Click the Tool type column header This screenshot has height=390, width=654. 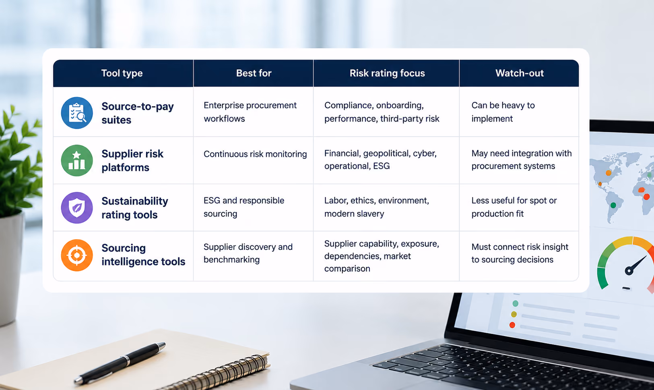(122, 73)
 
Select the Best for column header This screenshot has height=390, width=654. (254, 73)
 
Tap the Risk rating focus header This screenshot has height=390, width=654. (387, 73)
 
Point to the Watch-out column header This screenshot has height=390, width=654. (520, 73)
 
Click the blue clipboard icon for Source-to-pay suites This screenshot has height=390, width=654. (77, 113)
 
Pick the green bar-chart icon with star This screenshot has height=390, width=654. (77, 160)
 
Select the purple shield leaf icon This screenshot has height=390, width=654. (77, 208)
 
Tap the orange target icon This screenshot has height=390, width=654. (77, 255)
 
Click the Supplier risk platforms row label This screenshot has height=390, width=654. (132, 160)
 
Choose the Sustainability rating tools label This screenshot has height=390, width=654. (134, 208)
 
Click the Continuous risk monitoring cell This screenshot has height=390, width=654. (255, 154)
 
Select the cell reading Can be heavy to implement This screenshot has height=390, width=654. (503, 112)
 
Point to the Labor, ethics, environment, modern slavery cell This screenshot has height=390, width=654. (377, 207)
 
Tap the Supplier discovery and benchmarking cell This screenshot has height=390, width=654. (248, 253)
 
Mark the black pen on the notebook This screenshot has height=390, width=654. (120, 363)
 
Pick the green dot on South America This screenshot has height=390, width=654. (613, 205)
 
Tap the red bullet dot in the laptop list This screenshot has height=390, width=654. (512, 325)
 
